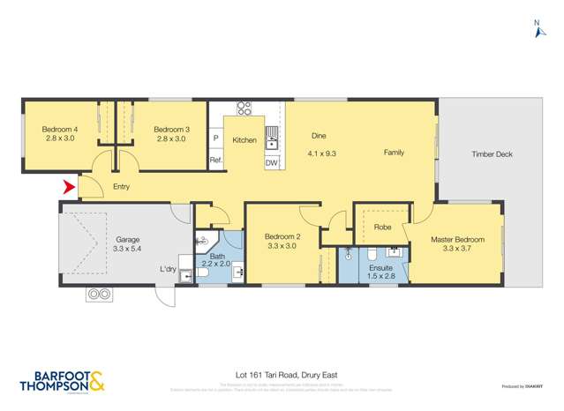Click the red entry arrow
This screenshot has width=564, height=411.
tap(68, 187)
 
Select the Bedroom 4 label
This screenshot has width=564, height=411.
tap(60, 130)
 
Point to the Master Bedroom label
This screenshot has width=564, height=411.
tap(456, 239)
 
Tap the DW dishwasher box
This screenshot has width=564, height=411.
tap(272, 163)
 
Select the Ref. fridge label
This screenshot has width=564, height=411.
tap(215, 160)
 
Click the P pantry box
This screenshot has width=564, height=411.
tap(215, 138)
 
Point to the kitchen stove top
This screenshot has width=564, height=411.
tap(244, 109)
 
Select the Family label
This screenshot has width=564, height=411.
tap(394, 153)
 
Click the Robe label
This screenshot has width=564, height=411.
tap(382, 227)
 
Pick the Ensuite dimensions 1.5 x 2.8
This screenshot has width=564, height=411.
tap(381, 275)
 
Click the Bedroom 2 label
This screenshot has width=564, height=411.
tap(282, 236)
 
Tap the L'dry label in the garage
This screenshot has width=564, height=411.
tap(168, 269)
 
